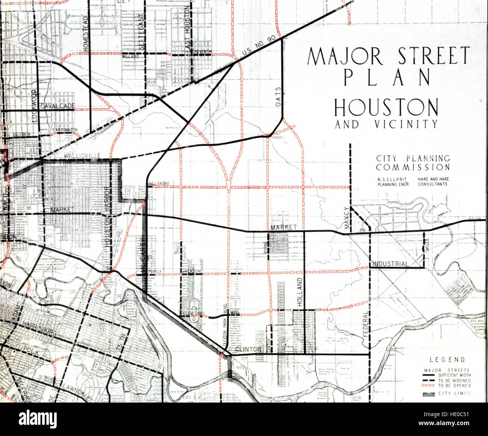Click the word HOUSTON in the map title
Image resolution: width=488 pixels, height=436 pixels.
click(x=386, y=107)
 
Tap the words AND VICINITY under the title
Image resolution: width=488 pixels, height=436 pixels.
click(x=386, y=124)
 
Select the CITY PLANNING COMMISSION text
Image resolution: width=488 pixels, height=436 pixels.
click(x=413, y=163)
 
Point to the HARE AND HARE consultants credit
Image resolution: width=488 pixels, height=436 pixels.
click(x=434, y=182)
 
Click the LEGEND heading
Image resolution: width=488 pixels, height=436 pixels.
click(x=449, y=360)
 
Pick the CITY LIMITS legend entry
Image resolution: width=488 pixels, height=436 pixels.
click(x=454, y=394)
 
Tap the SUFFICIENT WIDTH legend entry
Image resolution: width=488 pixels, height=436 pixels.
click(x=454, y=375)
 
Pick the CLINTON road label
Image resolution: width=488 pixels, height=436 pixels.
click(x=248, y=350)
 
